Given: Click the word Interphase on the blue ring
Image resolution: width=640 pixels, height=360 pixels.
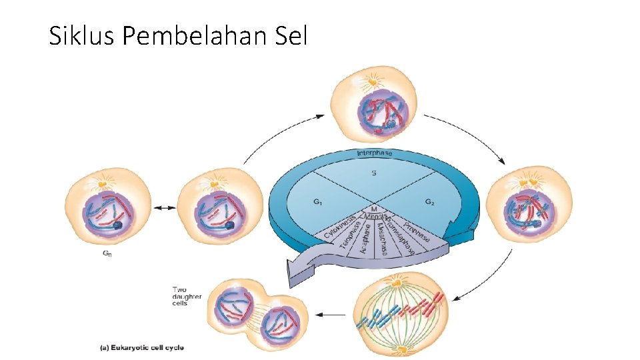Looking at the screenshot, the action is coord(375,154).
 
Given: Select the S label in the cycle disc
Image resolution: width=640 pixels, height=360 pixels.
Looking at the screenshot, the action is coord(374,174).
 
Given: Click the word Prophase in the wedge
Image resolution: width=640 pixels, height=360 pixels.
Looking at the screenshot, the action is coord(417,229).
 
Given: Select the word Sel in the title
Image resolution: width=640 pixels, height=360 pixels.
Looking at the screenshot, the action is coord(291,37).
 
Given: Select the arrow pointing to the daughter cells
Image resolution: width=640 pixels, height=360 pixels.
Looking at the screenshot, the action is coord(331,313).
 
